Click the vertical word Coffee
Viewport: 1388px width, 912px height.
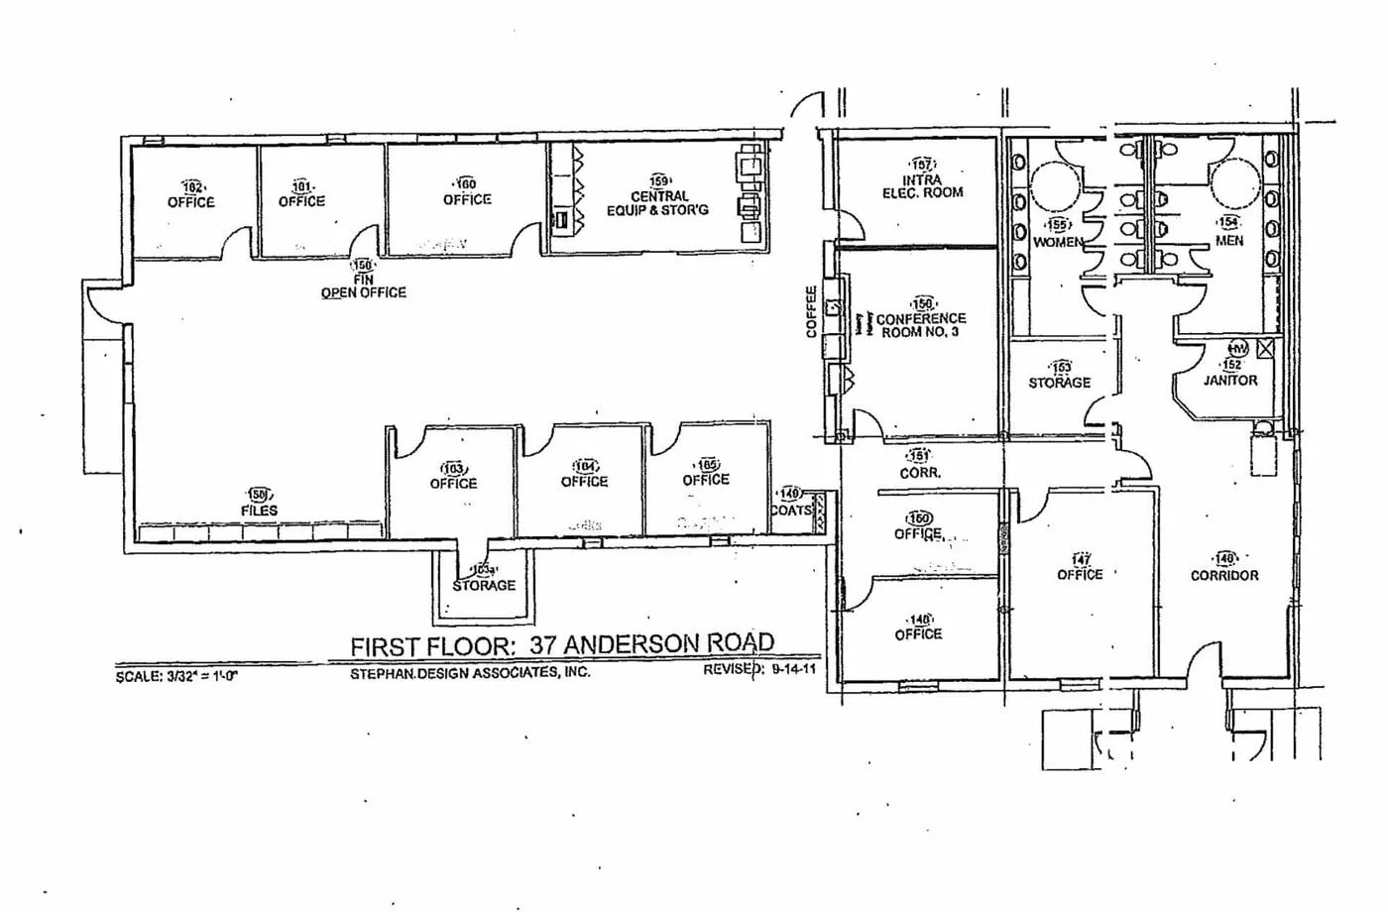click(811, 311)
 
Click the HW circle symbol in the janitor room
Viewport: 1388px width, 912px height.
click(1237, 349)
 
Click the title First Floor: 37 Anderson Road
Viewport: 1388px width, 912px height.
click(561, 644)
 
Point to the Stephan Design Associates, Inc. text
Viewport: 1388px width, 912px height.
click(470, 672)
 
